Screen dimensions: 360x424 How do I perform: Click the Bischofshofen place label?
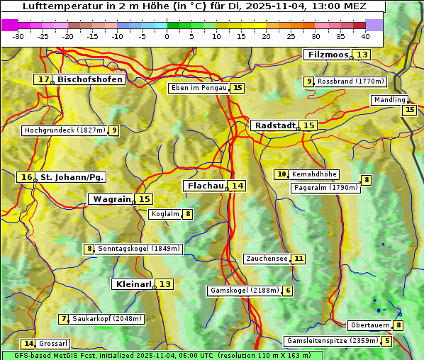(x=91, y=79)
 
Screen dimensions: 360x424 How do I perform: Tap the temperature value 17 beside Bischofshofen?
(x=45, y=79)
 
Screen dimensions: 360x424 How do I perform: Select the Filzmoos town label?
(x=328, y=55)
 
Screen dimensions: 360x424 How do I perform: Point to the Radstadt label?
(x=274, y=125)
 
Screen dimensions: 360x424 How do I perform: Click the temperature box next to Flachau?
(x=238, y=186)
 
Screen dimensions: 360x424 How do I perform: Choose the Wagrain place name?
(x=112, y=199)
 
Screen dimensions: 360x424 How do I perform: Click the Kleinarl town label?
(x=133, y=284)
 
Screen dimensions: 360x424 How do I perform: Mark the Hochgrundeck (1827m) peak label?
(x=65, y=130)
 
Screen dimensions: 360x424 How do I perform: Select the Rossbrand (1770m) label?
(x=350, y=81)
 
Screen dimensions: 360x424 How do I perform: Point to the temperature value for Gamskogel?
(x=288, y=291)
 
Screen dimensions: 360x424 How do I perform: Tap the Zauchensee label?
(x=267, y=259)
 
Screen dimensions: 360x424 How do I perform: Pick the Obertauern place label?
(x=370, y=325)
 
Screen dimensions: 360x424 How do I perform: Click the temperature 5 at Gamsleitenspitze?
(x=386, y=341)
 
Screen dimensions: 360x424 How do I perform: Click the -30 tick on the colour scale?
(x=18, y=36)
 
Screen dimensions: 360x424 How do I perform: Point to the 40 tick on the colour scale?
(x=365, y=36)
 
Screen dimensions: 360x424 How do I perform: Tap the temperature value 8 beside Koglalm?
(x=188, y=214)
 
